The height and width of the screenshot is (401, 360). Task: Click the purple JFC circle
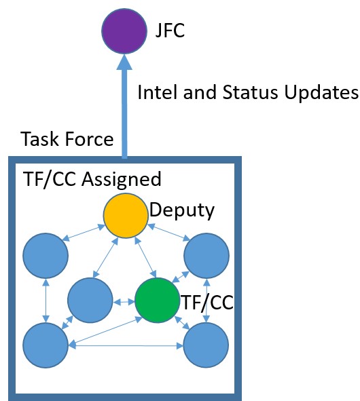point(123,31)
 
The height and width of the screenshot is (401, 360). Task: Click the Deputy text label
point(182,210)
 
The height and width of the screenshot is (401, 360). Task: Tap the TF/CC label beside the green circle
point(207,302)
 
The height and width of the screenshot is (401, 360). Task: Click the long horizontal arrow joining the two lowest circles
point(126,345)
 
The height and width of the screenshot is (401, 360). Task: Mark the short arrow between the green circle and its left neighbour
point(124,300)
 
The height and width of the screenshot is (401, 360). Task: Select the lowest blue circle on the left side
point(45,344)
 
